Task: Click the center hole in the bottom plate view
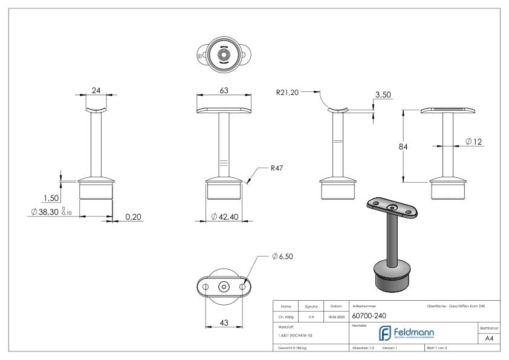(224, 286)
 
